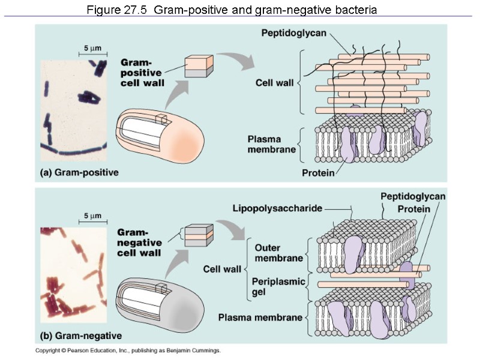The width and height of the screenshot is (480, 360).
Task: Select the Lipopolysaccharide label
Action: coord(277,208)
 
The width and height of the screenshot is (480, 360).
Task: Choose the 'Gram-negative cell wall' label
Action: coord(139,242)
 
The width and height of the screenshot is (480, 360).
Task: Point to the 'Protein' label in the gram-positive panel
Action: coord(318,173)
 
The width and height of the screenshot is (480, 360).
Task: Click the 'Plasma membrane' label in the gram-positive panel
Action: coord(272,145)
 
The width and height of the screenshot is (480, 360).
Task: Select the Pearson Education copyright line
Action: coord(128,350)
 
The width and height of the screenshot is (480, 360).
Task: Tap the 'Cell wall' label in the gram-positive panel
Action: coord(274,83)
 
